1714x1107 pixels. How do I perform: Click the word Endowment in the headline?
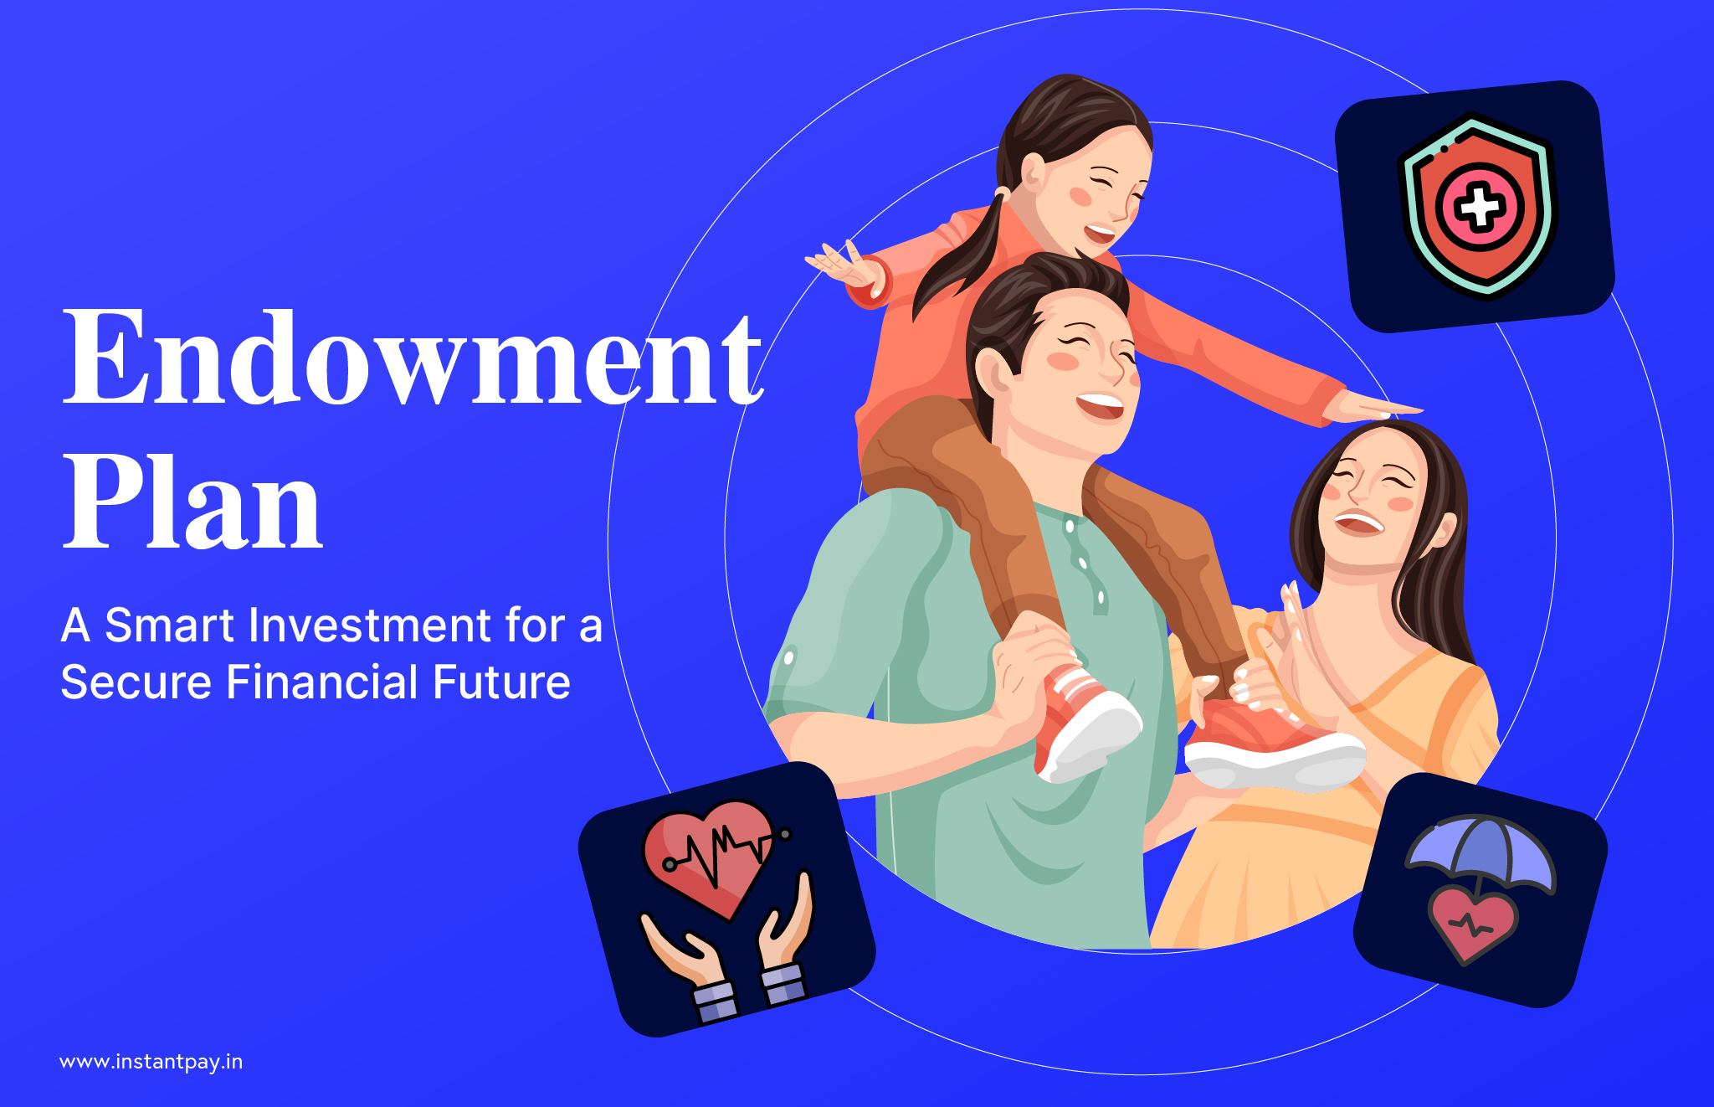pos(413,358)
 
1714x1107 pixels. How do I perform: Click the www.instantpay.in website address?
pos(151,1062)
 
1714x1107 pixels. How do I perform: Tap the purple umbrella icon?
pos(1480,854)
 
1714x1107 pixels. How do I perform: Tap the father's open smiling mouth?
pos(1100,406)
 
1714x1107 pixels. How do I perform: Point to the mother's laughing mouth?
pos(1359,523)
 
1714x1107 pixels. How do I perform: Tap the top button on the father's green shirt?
pos(1069,526)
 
